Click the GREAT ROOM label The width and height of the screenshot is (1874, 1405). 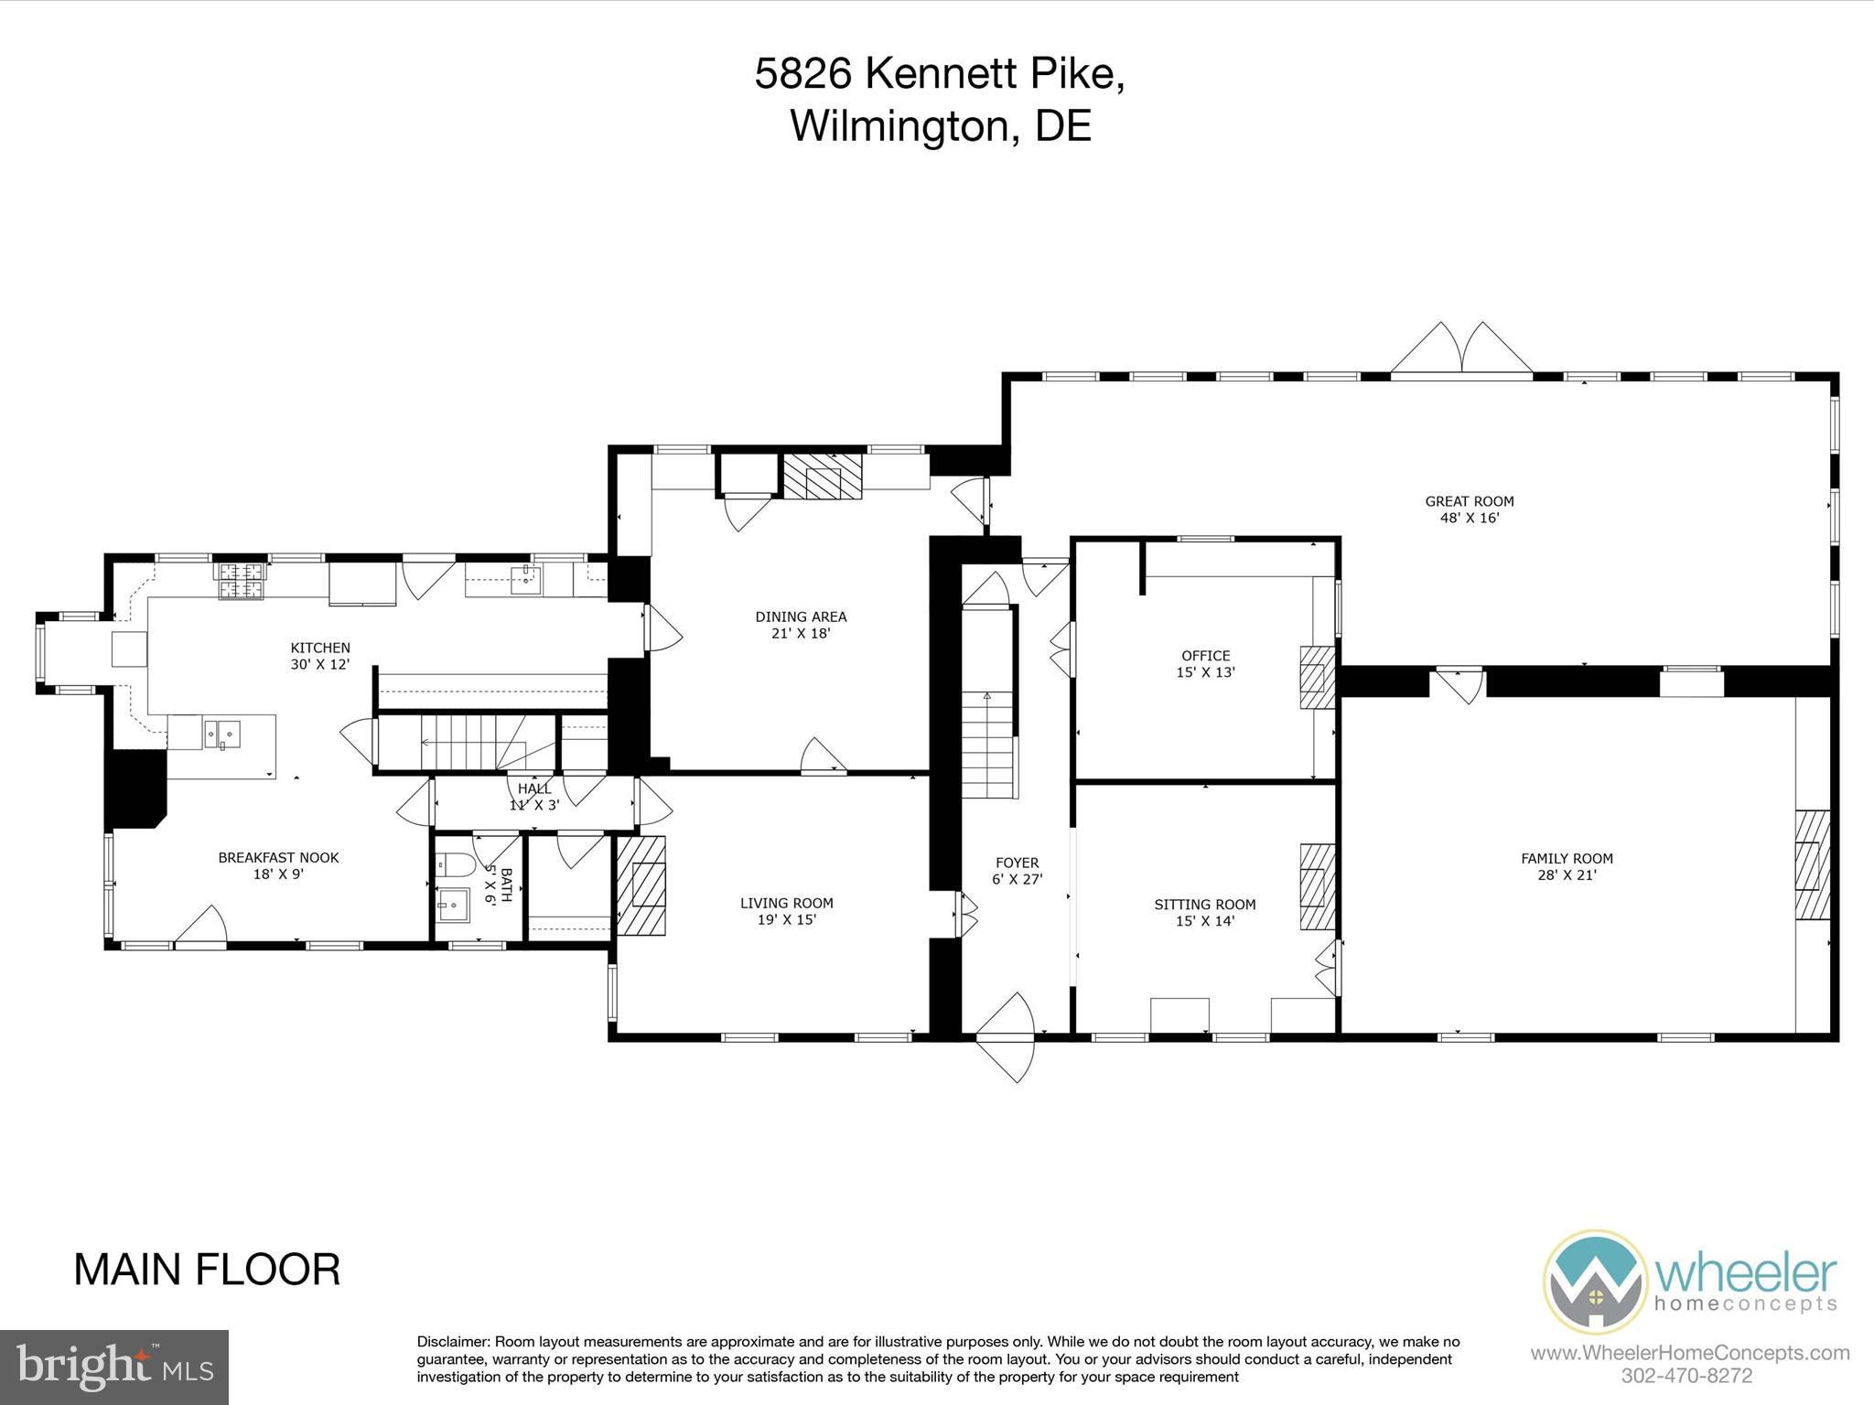coord(1469,501)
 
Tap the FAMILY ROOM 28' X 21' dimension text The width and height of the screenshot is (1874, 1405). coord(1567,874)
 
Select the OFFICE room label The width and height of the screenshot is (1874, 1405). coord(1205,656)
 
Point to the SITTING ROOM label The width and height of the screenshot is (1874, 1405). coord(1204,905)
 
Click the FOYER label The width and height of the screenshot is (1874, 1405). coord(1017,863)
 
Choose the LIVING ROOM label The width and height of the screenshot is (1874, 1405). coord(786,903)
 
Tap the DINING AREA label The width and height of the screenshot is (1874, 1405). coord(801,617)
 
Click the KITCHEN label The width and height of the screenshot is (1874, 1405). coord(320,648)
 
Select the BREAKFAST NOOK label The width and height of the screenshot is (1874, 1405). coord(278,857)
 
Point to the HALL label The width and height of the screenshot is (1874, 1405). coord(534,788)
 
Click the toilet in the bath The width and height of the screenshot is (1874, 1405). coord(455,863)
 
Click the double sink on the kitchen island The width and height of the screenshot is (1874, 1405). coord(222,733)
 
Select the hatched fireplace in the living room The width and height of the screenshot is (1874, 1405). coord(641,885)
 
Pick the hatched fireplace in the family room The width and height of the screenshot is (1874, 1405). coord(1812,864)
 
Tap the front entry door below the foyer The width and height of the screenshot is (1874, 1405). coord(1005,1037)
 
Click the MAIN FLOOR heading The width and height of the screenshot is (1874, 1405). coord(207,1270)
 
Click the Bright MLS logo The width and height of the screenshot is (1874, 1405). coord(114,1367)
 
